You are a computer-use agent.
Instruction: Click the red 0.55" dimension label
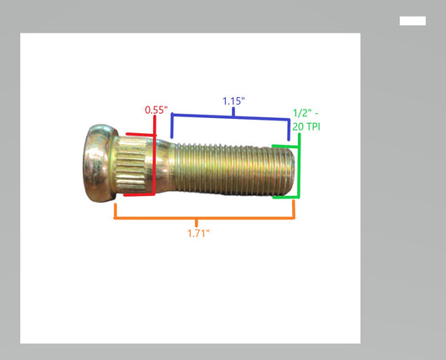click(x=156, y=110)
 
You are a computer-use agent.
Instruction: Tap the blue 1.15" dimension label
click(x=233, y=101)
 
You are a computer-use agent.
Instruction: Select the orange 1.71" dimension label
click(x=198, y=234)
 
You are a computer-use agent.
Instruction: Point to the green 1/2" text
click(x=305, y=113)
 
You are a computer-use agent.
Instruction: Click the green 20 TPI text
click(x=306, y=126)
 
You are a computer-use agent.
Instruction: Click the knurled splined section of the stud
click(x=131, y=164)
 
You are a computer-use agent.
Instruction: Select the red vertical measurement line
click(x=155, y=156)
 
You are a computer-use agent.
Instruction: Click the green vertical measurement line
click(x=300, y=166)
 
